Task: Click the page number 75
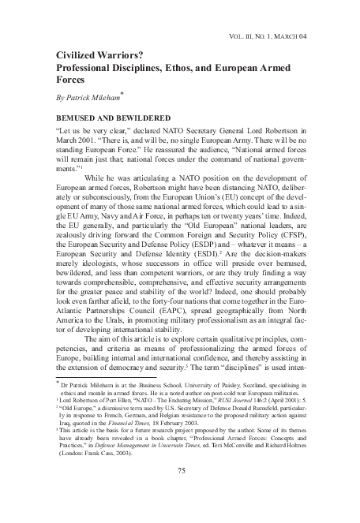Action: (x=181, y=492)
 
